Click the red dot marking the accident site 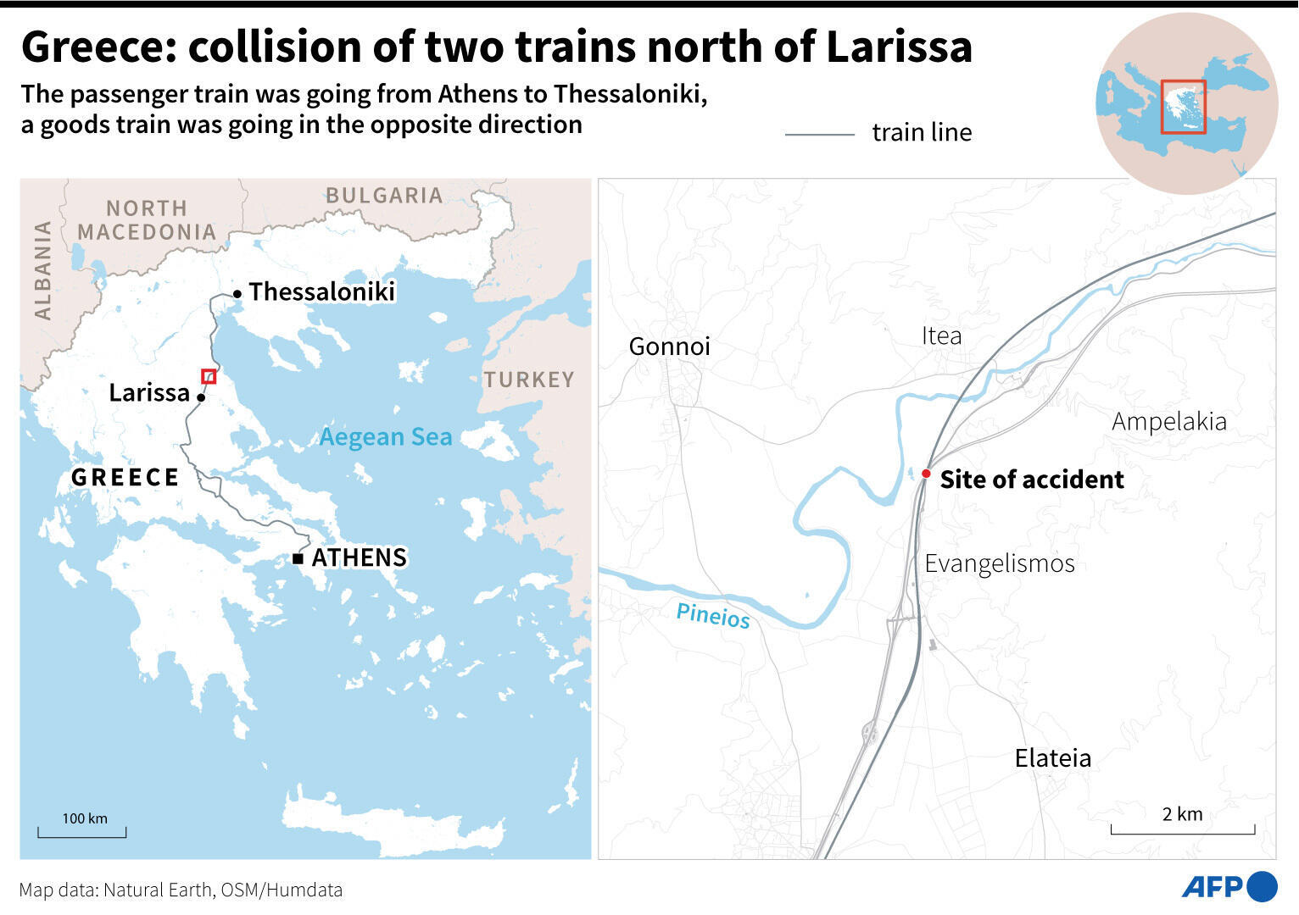point(926,474)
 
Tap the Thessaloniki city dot point(237,294)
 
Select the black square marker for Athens point(298,558)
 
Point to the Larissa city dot point(201,396)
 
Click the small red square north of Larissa point(209,376)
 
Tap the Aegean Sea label point(386,437)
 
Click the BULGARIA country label point(384,196)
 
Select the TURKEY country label point(529,380)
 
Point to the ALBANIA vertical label point(43,270)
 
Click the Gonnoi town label point(669,346)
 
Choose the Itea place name point(941,335)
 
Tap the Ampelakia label point(1168,421)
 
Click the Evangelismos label point(999,563)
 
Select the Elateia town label point(1052,757)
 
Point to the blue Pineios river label point(713,616)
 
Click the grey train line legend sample point(819,134)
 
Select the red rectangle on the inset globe point(1183,107)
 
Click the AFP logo point(1229,887)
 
